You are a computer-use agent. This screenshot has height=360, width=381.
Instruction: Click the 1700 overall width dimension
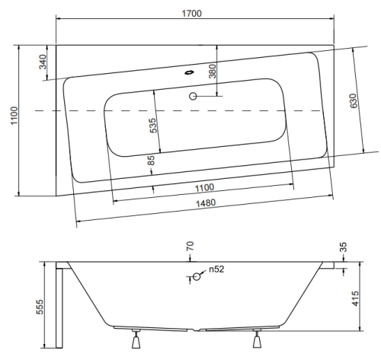point(192,13)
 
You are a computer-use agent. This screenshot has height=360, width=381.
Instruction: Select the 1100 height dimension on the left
point(14,116)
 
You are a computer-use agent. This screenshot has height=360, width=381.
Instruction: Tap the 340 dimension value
point(43,62)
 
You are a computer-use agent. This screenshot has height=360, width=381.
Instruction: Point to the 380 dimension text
point(212,71)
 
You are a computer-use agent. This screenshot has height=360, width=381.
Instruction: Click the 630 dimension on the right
point(354,100)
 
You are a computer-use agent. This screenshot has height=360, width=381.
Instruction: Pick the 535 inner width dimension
point(153,126)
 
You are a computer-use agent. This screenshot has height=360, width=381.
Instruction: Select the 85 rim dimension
point(151,161)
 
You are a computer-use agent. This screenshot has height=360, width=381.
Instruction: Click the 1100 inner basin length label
point(204,188)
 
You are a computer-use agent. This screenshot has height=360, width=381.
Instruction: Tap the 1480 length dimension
point(206,203)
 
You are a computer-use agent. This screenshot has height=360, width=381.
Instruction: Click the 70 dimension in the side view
point(190,246)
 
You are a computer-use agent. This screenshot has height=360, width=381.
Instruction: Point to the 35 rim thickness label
point(343,247)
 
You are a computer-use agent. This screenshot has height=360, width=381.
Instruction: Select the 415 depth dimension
point(356,298)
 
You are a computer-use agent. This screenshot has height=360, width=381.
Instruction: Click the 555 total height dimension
point(40,307)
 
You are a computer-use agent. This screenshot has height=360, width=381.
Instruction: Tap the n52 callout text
point(216,269)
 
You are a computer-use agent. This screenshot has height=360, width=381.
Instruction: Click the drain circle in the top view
point(193,96)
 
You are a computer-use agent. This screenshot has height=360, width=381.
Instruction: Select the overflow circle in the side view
point(197,276)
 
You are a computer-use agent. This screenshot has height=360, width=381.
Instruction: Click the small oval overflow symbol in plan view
point(189,73)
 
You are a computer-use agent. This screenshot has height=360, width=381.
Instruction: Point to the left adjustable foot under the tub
point(136,339)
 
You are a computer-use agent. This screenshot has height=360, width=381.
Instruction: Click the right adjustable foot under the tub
point(257,339)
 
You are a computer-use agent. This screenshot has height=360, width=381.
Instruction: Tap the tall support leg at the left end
point(59,308)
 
